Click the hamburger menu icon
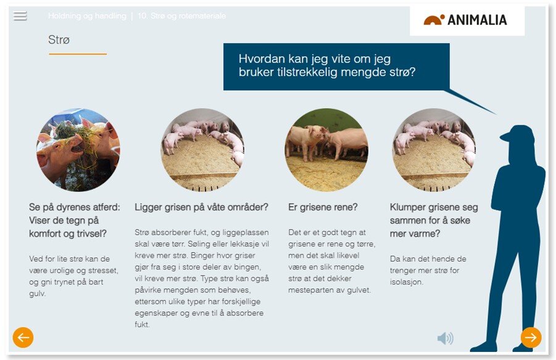pyautogui.click(x=20, y=16)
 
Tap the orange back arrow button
pyautogui.click(x=23, y=337)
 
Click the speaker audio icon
pyautogui.click(x=445, y=338)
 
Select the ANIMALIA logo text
pyautogui.click(x=477, y=20)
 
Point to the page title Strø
pyautogui.click(x=59, y=40)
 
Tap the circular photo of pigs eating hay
pyautogui.click(x=78, y=149)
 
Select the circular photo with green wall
pyautogui.click(x=326, y=149)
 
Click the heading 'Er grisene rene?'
pyautogui.click(x=323, y=207)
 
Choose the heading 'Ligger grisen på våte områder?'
pyautogui.click(x=201, y=207)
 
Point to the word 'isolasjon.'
pyautogui.click(x=407, y=282)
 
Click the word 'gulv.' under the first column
pyautogui.click(x=37, y=294)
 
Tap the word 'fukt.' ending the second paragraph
pyautogui.click(x=142, y=324)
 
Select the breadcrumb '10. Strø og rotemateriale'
pyautogui.click(x=181, y=16)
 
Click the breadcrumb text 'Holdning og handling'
pyautogui.click(x=87, y=16)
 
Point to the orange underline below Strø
pyautogui.click(x=78, y=54)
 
